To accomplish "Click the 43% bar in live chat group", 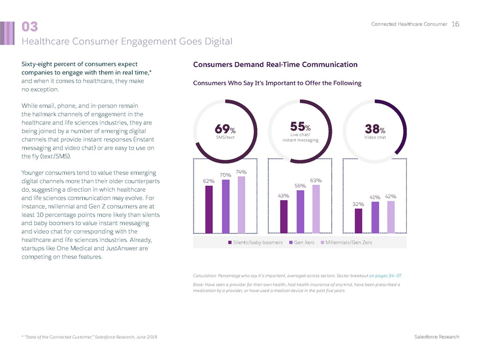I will point(284,217).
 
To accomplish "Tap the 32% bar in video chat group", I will point(359,221).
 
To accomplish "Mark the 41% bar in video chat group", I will point(375,217).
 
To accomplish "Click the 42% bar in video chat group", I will point(391,217).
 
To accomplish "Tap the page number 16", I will point(455,24).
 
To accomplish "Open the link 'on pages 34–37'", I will point(385,275).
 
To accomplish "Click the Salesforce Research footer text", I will point(437,336).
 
